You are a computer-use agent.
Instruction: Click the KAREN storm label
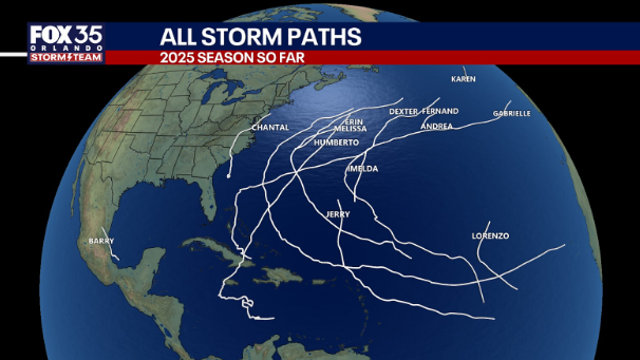click(x=463, y=78)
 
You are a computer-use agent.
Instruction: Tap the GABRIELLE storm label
click(x=511, y=114)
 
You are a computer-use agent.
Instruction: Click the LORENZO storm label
click(x=490, y=236)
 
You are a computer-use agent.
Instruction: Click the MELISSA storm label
click(x=350, y=129)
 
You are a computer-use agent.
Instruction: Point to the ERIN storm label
click(x=352, y=119)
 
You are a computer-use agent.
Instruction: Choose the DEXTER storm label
click(x=403, y=111)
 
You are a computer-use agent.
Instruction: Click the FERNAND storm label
click(x=440, y=111)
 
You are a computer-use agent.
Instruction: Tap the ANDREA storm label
click(x=437, y=127)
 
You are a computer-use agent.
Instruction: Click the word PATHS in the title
click(x=319, y=37)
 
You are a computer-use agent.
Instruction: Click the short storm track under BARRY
click(x=112, y=253)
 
